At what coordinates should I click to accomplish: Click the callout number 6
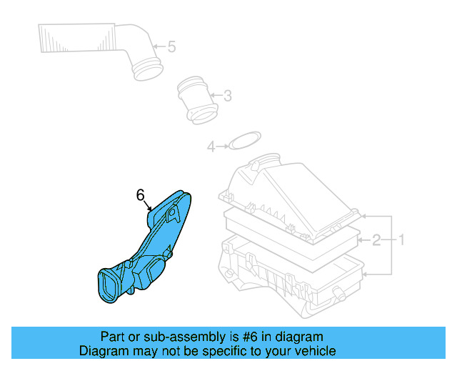[140, 194]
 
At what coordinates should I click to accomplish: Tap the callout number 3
[227, 95]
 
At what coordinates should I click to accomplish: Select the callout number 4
[211, 147]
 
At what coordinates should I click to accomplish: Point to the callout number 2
[376, 239]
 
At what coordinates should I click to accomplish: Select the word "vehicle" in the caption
[314, 351]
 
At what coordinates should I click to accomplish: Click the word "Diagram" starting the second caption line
[100, 351]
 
